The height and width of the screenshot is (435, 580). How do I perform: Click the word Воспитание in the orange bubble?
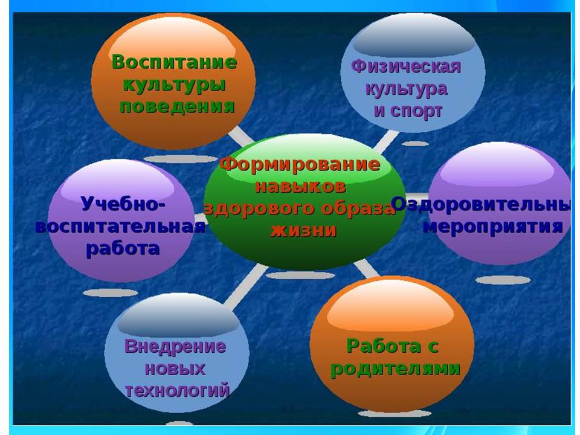click(174, 62)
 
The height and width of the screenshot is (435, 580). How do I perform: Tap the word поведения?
click(177, 106)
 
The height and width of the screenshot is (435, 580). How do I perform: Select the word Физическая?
click(406, 67)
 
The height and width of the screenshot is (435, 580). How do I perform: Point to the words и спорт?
click(408, 111)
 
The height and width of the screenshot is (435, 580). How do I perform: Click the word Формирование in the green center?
click(300, 164)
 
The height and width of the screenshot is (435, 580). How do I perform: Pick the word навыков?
click(300, 186)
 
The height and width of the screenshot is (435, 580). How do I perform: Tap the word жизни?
click(303, 230)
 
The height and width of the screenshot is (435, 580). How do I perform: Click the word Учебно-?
click(123, 204)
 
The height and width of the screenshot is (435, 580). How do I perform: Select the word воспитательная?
click(120, 226)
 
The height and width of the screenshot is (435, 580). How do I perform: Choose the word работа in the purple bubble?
click(123, 248)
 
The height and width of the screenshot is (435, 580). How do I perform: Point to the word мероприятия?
click(493, 227)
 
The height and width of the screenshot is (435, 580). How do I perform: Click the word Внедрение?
click(175, 347)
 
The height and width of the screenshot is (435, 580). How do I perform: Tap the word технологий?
click(177, 391)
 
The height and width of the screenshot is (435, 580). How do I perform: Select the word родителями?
click(395, 369)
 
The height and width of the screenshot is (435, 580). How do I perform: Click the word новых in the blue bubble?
click(175, 369)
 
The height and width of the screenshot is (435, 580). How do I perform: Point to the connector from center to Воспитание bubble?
click(240, 136)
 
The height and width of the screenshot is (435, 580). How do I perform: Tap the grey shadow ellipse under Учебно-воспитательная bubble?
click(110, 293)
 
